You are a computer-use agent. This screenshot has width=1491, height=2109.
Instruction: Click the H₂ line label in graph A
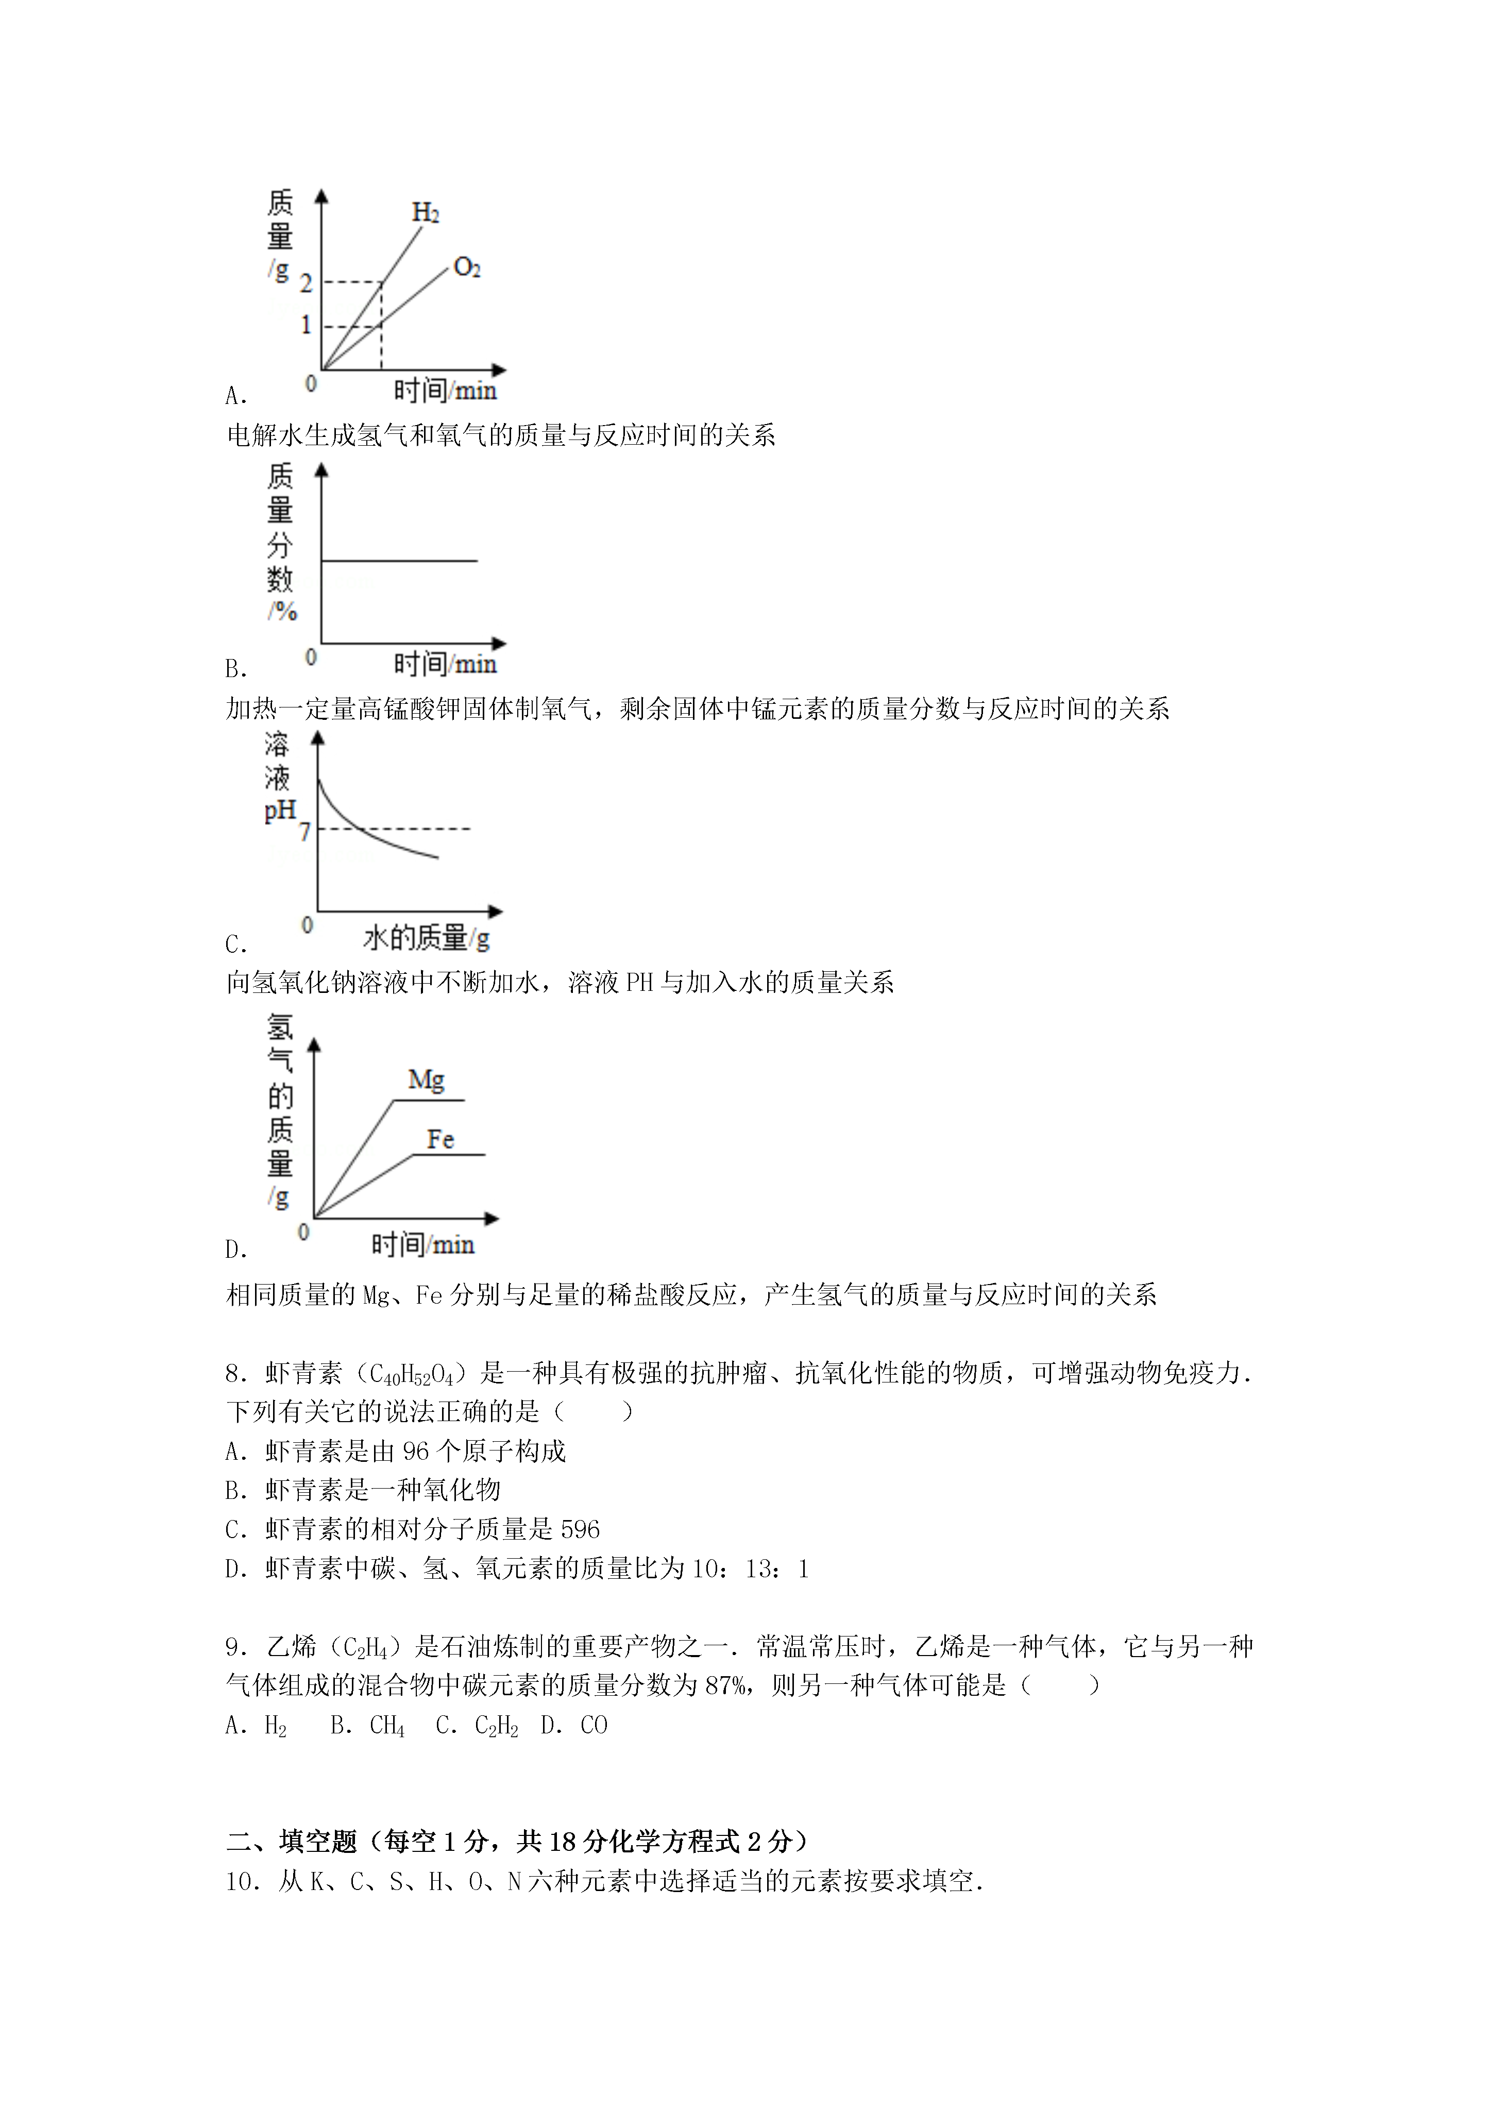(426, 213)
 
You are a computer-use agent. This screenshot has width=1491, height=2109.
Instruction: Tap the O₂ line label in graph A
(467, 267)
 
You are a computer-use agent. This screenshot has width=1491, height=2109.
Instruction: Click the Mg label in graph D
(426, 1079)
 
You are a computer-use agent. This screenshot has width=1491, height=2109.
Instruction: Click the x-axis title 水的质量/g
(426, 938)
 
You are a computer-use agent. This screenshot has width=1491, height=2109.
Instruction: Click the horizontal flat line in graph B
(400, 560)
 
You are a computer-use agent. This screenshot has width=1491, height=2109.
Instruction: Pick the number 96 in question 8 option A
(416, 1452)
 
